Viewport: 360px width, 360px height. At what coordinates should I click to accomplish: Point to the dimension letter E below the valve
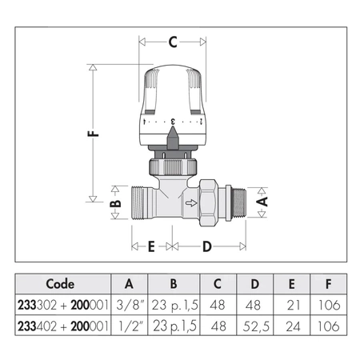click(x=152, y=246)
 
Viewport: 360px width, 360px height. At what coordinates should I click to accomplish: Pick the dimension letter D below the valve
click(x=206, y=246)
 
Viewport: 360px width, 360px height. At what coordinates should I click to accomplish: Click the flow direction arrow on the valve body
click(x=190, y=204)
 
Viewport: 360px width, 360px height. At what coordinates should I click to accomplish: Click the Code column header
click(x=60, y=283)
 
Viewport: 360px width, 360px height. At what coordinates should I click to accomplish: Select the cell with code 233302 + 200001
click(x=60, y=305)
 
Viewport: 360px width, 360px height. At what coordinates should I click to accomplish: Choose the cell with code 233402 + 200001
click(x=60, y=326)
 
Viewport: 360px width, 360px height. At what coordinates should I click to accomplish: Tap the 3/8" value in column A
click(x=130, y=305)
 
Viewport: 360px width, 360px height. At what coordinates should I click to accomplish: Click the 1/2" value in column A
click(x=130, y=326)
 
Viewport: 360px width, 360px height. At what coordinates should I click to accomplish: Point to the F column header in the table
click(x=328, y=283)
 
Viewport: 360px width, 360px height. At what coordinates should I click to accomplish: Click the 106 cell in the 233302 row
click(x=328, y=305)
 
